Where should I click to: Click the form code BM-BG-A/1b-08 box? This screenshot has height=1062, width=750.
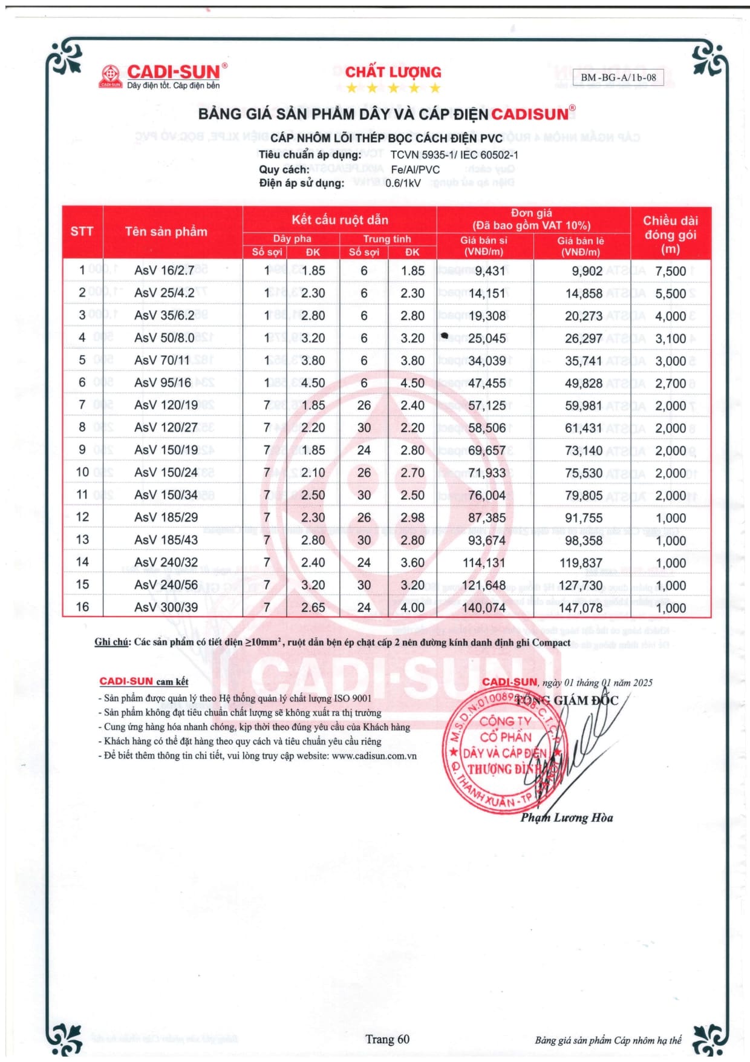click(x=618, y=77)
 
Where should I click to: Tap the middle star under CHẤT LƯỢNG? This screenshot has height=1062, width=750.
click(x=393, y=88)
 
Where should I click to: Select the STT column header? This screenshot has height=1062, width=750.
click(x=82, y=232)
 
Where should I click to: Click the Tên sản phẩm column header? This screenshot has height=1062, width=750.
click(x=166, y=232)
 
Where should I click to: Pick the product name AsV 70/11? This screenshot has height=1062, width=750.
click(x=162, y=361)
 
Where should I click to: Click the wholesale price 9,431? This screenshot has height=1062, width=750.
click(x=490, y=271)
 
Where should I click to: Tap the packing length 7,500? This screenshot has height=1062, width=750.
click(x=670, y=271)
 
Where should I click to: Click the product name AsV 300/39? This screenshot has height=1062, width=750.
click(x=166, y=608)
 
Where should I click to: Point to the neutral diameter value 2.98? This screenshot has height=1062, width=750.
click(x=412, y=518)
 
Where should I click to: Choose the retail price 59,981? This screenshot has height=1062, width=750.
click(x=584, y=405)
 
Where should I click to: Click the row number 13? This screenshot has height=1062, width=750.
click(x=82, y=540)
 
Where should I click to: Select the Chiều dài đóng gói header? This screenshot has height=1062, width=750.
click(x=670, y=235)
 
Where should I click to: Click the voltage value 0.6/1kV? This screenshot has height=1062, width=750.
click(x=403, y=183)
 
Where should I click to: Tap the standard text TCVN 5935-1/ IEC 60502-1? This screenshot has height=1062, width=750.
click(x=454, y=155)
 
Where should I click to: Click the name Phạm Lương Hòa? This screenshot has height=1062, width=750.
click(x=567, y=818)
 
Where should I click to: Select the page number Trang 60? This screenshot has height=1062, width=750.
click(x=387, y=1040)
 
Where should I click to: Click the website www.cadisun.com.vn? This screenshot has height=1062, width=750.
click(x=374, y=756)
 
